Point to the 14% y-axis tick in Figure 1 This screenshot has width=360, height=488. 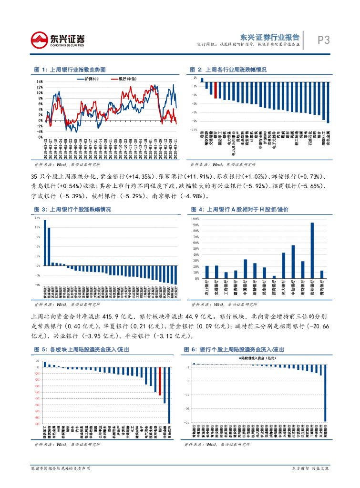(39, 81)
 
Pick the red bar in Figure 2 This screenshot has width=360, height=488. (216, 90)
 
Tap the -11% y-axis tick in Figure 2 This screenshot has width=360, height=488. (195, 129)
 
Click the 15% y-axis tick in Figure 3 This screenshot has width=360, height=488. (37, 218)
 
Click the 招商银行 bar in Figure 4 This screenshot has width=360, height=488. (274, 277)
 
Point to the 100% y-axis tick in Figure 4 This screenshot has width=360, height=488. (195, 219)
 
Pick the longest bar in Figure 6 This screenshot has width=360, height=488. (326, 394)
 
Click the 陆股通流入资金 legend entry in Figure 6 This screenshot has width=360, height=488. (258, 357)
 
